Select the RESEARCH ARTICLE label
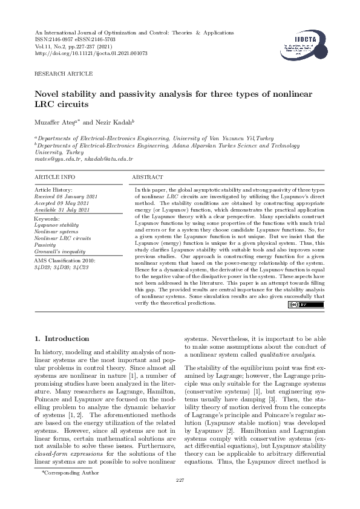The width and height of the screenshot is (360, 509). [x=64, y=74]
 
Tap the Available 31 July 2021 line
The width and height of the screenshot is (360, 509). [x=64, y=209]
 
